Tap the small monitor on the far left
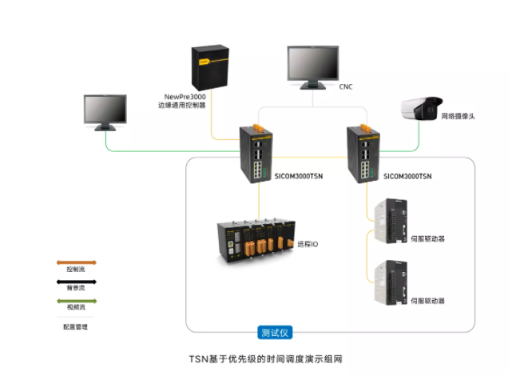click(x=105, y=111)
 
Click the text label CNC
click(x=346, y=86)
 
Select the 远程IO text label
click(x=308, y=242)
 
